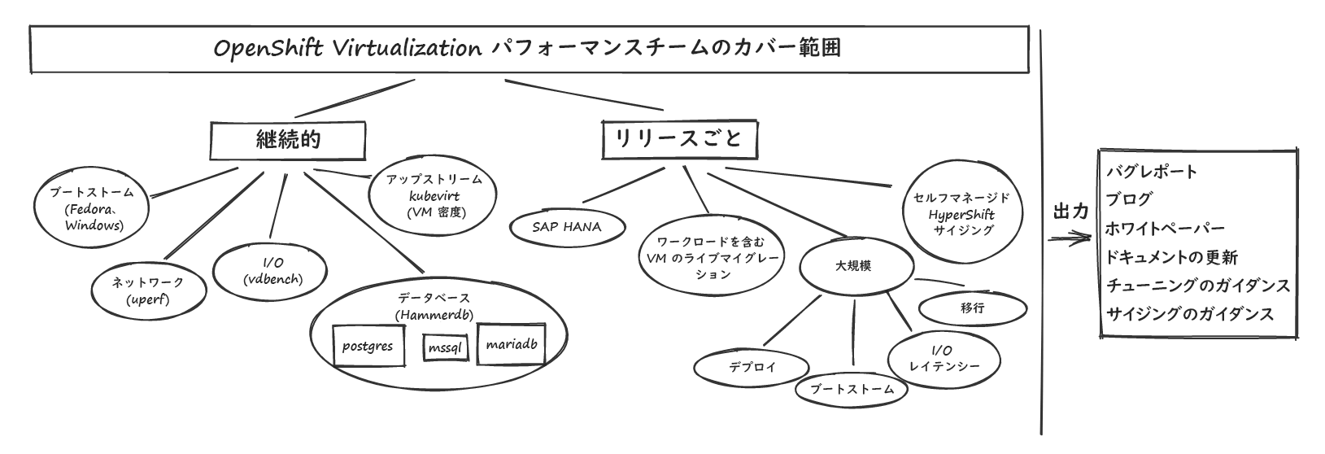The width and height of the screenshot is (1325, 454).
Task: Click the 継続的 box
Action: point(290,141)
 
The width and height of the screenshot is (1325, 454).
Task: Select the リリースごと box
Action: point(678,140)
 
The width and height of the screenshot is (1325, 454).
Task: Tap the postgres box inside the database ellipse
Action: point(368,346)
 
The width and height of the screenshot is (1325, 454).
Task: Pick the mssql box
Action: point(445,348)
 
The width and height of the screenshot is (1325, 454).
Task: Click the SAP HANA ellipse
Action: point(567,227)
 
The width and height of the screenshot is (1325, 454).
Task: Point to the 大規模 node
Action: point(853,266)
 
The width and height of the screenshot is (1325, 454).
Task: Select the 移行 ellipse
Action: point(972,308)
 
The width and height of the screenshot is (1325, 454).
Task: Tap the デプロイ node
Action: point(752,367)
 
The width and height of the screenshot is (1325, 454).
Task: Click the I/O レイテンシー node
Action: point(944,359)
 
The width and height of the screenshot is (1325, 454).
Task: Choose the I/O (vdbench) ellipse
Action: point(273,271)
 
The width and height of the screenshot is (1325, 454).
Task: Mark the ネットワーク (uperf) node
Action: point(147,290)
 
